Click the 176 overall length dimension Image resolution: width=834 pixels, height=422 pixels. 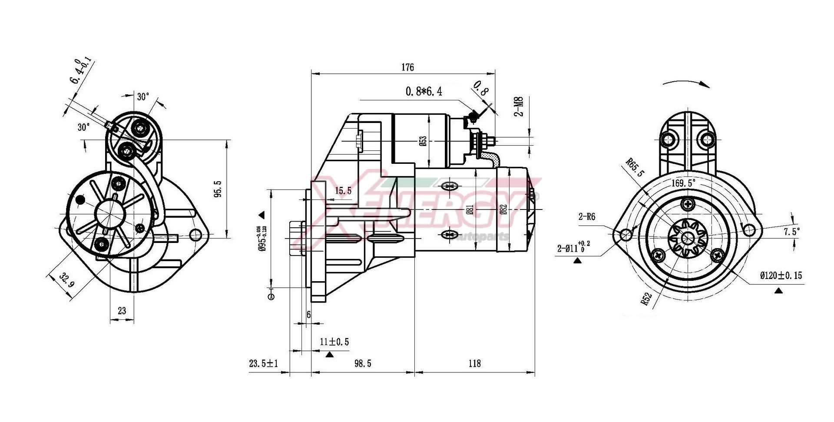[x=407, y=67]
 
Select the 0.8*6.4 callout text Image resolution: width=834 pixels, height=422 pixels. [x=424, y=92]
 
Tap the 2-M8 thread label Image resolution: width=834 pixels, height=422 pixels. [x=519, y=106]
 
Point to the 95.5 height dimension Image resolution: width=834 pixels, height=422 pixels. [x=218, y=189]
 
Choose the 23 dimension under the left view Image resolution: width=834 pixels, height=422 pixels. [x=122, y=311]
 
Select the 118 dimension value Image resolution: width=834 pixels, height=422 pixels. [x=475, y=363]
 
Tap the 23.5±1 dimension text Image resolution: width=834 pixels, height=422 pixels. [x=263, y=363]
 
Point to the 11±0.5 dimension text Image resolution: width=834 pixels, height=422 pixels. [x=334, y=342]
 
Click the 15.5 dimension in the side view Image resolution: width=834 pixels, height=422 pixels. [x=343, y=191]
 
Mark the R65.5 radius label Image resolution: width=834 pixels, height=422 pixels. [x=635, y=167]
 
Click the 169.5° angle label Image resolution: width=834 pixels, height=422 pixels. [x=683, y=183]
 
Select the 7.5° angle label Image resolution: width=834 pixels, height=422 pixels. [x=791, y=232]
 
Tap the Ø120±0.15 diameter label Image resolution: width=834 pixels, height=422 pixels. [x=781, y=276]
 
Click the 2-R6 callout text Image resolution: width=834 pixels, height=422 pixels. [x=586, y=217]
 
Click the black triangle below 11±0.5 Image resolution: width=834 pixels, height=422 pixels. [x=329, y=355]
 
